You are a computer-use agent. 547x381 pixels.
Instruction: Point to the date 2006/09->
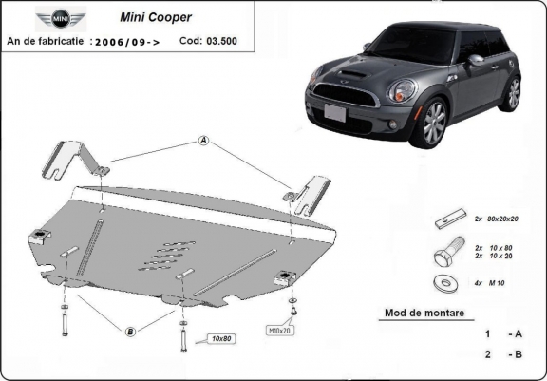point(125,42)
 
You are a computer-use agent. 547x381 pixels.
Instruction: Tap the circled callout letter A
point(203,142)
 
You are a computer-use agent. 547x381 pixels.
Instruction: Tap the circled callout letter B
point(129,330)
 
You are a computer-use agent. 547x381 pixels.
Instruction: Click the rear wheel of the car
point(513,94)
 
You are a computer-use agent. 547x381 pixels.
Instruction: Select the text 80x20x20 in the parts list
point(502,219)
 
